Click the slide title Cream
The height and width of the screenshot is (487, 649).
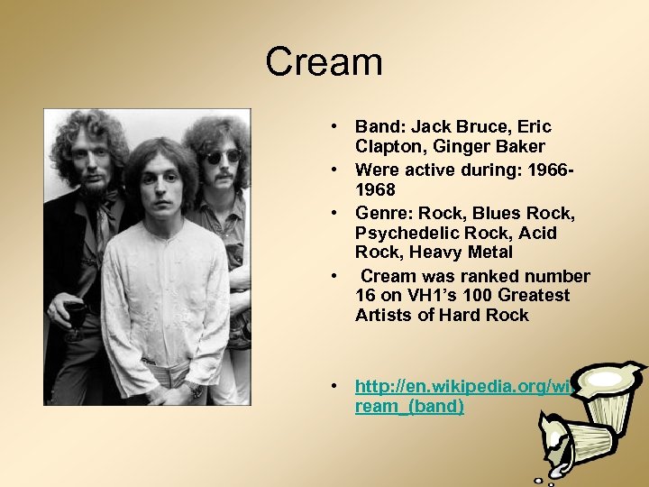pos(324,62)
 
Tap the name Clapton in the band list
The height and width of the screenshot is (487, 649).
pos(388,146)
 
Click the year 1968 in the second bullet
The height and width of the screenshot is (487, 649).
pos(375,190)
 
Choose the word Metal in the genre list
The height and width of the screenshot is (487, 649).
pos(486,253)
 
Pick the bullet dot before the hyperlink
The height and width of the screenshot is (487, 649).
pos(334,387)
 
